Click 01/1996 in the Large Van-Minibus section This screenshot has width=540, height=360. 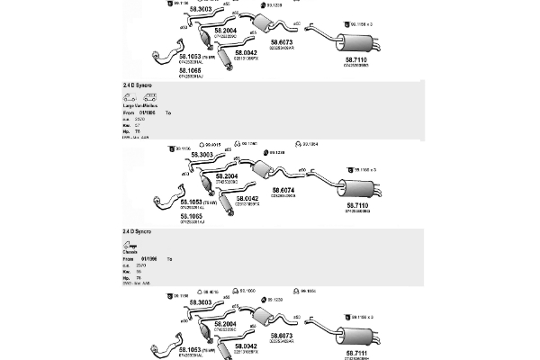point(148,112)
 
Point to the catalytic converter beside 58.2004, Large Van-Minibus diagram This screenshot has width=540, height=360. point(212,184)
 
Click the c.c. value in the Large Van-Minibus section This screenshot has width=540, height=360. point(139,119)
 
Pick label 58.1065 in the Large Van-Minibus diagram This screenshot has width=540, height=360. point(191,216)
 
